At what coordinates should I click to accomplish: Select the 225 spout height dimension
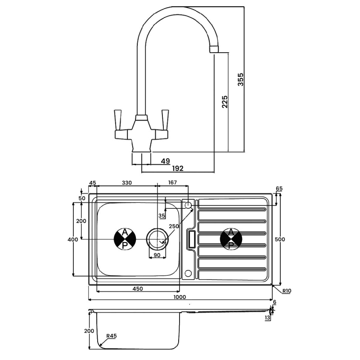point(225,102)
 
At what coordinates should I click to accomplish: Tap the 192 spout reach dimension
point(179,168)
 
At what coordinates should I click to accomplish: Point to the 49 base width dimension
point(165,160)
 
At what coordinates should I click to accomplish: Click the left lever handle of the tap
point(119,118)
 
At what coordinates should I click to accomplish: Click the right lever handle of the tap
point(165,118)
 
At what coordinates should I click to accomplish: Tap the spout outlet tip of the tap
point(215,49)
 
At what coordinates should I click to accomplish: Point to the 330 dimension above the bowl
point(127,183)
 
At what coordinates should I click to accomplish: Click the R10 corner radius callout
point(286,291)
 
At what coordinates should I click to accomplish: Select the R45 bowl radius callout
point(111,336)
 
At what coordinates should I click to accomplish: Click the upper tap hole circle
point(189,205)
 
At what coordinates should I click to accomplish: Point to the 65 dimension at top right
point(279,189)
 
